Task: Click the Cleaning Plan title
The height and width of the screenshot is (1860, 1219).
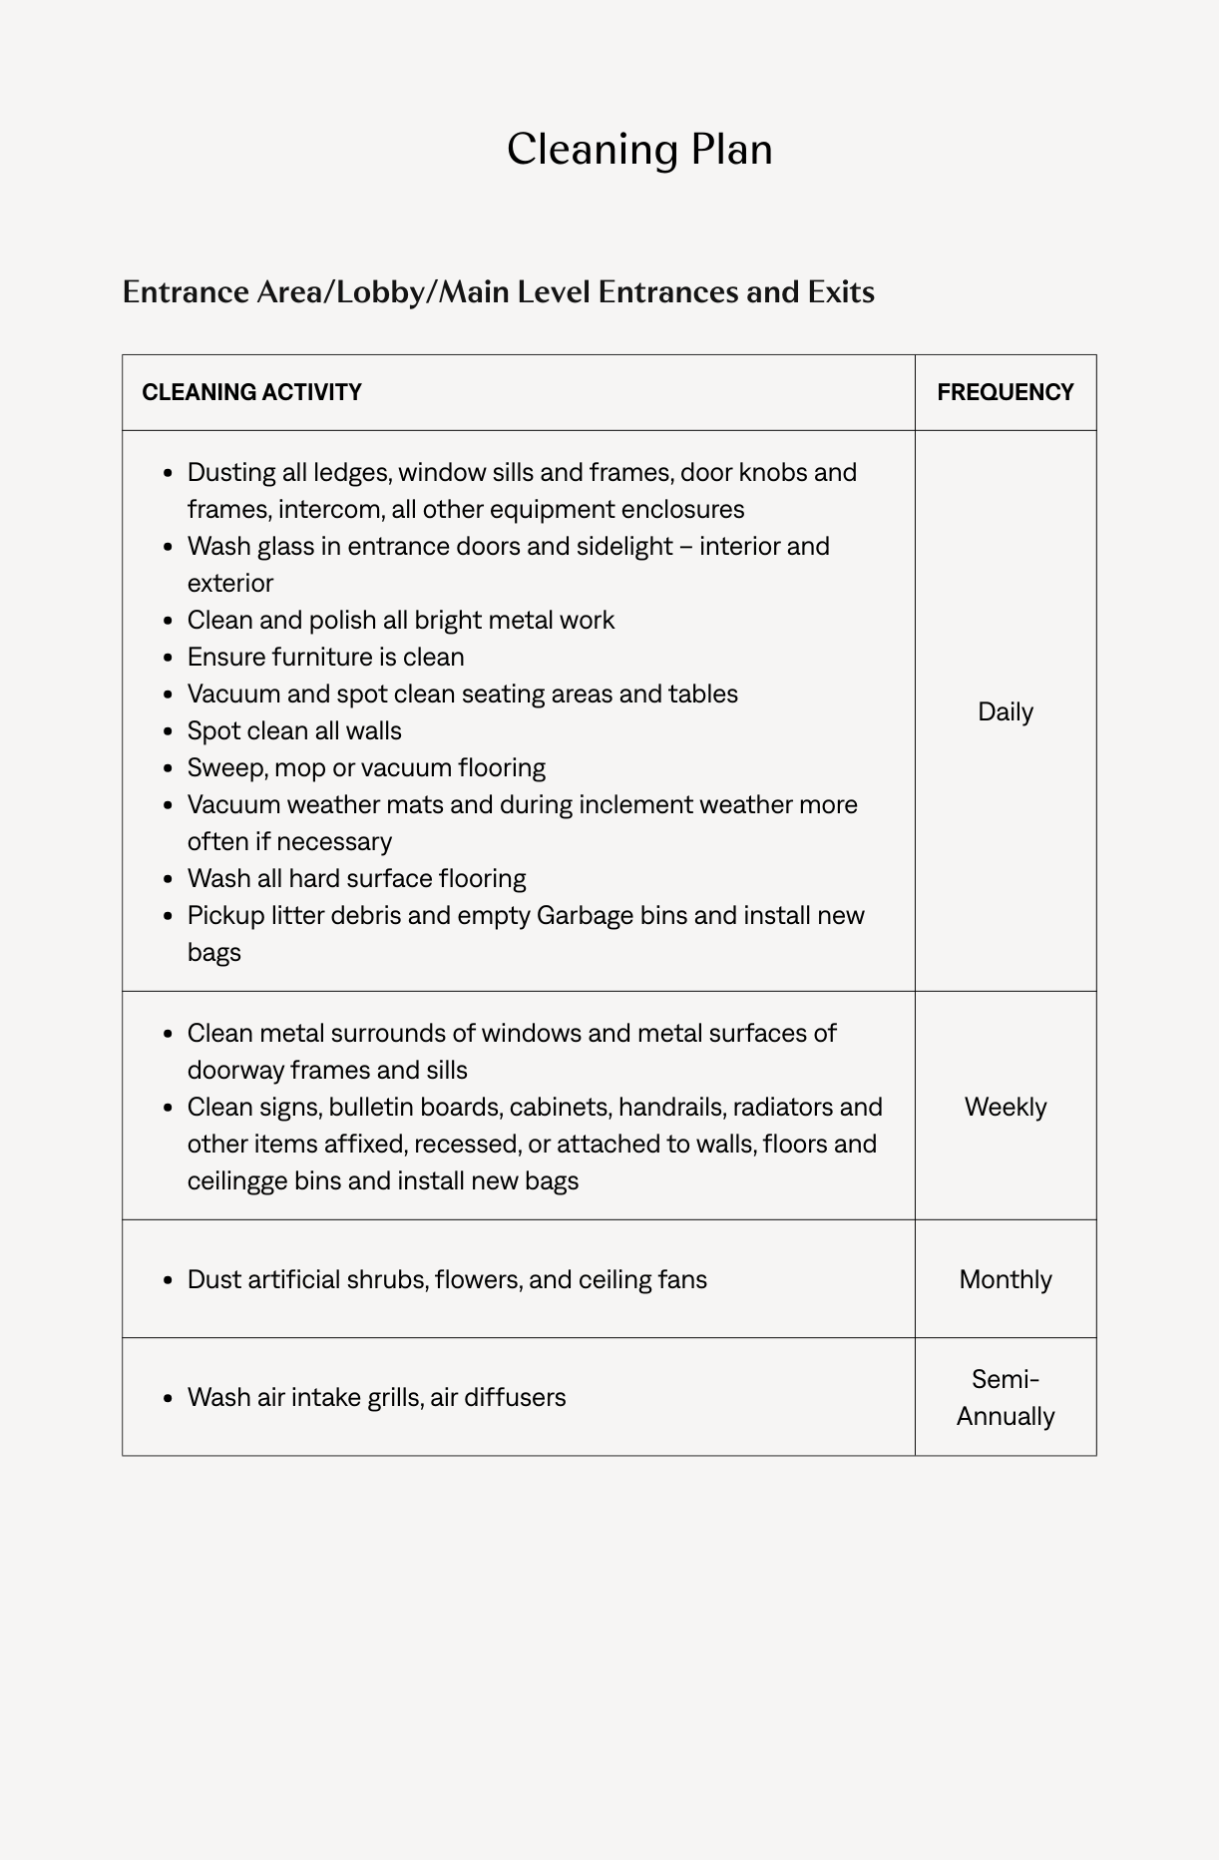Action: (639, 150)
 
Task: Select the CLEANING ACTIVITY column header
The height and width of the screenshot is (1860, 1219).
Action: (251, 392)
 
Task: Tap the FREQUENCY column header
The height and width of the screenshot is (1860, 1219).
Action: (1005, 392)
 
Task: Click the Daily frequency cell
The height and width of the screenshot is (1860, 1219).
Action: (1005, 711)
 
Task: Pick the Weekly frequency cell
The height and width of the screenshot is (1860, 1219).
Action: (1005, 1107)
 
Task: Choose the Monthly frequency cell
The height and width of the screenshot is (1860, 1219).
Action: (1005, 1279)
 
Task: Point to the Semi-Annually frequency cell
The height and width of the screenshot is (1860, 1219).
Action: (1005, 1397)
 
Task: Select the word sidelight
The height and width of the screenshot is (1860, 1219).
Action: (624, 546)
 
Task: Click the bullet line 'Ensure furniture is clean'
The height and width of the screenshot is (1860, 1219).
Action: (325, 657)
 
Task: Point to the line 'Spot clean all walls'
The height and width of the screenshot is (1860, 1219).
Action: (294, 730)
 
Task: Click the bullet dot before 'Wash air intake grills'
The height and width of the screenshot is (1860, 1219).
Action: (168, 1398)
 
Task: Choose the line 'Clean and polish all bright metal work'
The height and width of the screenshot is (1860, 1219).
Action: (400, 620)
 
